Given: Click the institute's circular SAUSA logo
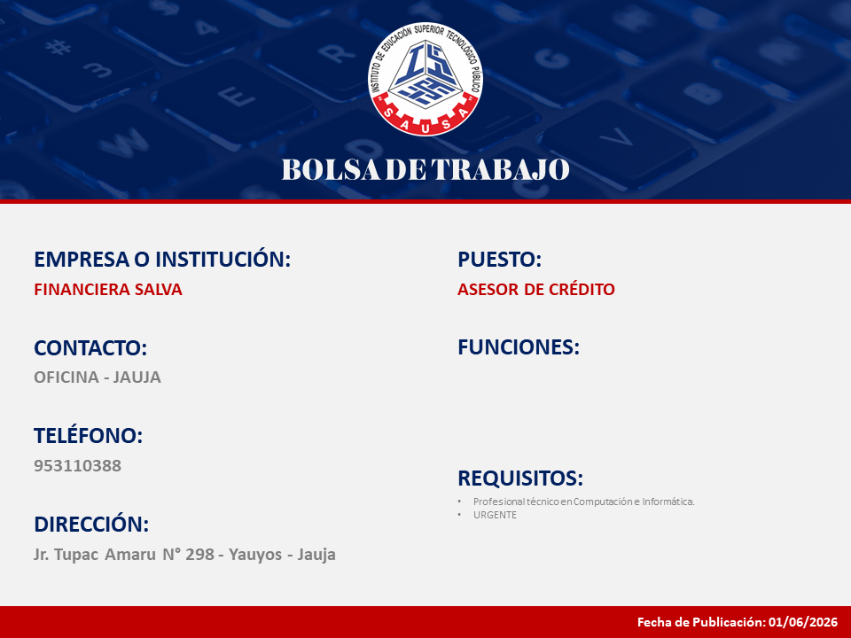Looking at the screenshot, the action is (425, 79).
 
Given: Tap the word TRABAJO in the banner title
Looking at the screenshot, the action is (500, 169).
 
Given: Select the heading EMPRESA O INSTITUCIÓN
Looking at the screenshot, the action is (162, 260).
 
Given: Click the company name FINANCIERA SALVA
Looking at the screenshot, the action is (108, 290).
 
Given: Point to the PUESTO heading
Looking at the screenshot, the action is (500, 260).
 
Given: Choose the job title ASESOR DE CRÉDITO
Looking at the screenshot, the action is (536, 290).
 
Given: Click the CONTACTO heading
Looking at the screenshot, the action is (90, 347).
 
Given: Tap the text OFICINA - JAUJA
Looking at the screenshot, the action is (98, 377).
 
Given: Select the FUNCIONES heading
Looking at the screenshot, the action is (519, 347).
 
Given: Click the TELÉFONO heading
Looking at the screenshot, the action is (89, 436).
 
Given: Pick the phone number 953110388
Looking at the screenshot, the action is (78, 465).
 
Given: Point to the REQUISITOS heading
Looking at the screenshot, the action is (520, 478).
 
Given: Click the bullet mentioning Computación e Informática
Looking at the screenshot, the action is (584, 502).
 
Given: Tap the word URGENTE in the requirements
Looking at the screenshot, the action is (495, 515).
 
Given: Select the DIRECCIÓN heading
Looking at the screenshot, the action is (91, 525).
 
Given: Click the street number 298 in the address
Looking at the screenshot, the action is (199, 555).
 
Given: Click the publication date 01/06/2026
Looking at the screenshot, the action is (803, 622).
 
